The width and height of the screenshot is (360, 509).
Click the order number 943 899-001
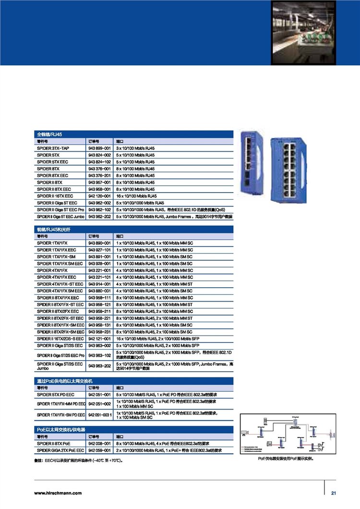click(x=100, y=149)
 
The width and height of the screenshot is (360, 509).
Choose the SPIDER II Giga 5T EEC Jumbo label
click(x=60, y=217)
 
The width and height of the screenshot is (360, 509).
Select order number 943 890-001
click(x=100, y=243)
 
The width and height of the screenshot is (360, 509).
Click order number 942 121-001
click(x=100, y=339)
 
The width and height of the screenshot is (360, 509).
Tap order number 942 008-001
click(x=100, y=444)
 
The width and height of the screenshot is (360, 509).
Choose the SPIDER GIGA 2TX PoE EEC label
click(x=60, y=450)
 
